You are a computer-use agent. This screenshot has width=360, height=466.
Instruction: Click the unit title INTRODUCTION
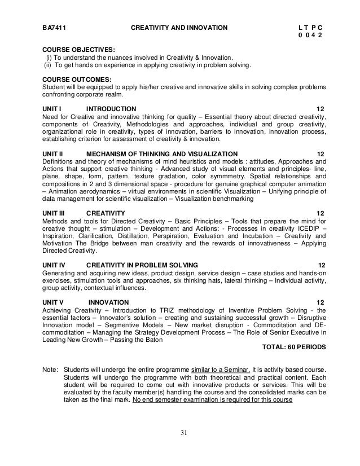click(x=111, y=108)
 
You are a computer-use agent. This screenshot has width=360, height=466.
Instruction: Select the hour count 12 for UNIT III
click(x=321, y=213)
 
